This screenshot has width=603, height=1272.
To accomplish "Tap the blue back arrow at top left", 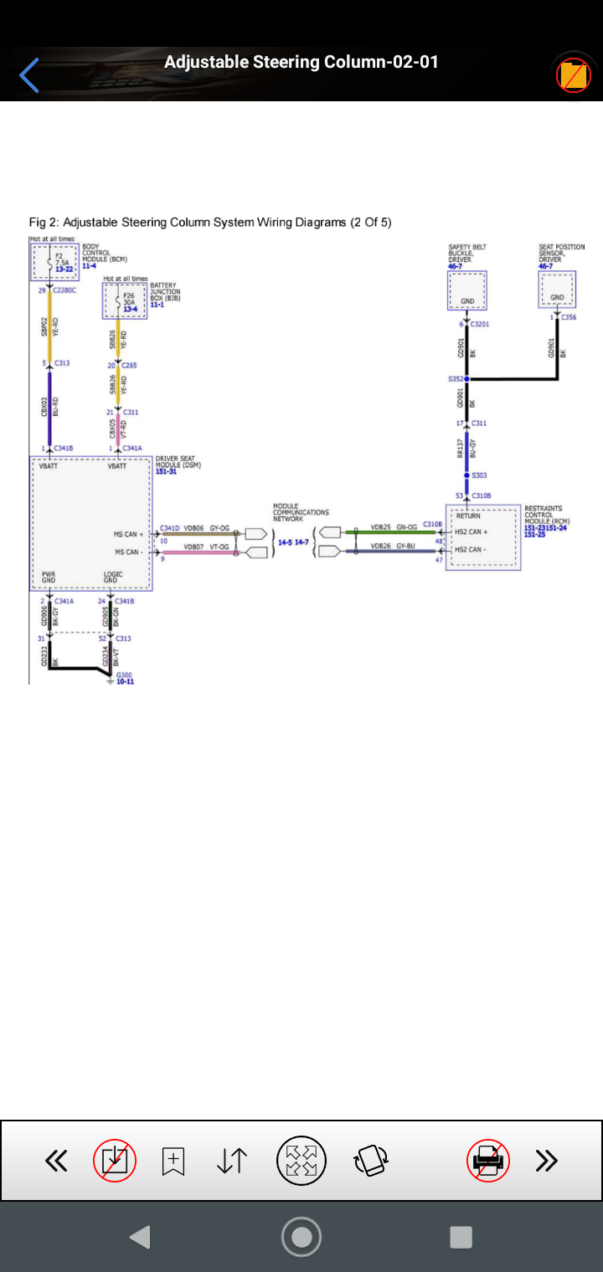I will pyautogui.click(x=29, y=75).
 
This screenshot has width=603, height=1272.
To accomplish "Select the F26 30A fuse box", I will pyautogui.click(x=125, y=300).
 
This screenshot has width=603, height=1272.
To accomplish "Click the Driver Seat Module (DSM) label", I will pyautogui.click(x=178, y=464).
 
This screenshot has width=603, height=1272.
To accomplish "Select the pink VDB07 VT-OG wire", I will pyautogui.click(x=201, y=552).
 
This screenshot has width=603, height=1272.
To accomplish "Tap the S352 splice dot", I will pyautogui.click(x=467, y=379).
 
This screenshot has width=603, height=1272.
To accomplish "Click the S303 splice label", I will pyautogui.click(x=479, y=474).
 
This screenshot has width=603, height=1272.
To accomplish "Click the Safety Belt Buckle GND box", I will pyautogui.click(x=467, y=290).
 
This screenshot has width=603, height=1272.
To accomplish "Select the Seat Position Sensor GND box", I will pyautogui.click(x=557, y=290).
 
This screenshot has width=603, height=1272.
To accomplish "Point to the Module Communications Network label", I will pyautogui.click(x=300, y=512).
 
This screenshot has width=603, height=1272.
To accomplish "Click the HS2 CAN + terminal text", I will pyautogui.click(x=471, y=532).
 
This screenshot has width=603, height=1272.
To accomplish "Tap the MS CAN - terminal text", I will pyautogui.click(x=128, y=552).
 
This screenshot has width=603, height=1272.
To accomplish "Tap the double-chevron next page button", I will pyautogui.click(x=546, y=1161).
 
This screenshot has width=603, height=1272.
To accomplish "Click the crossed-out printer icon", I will pyautogui.click(x=488, y=1161).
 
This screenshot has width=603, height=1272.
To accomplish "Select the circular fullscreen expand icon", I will pyautogui.click(x=301, y=1161).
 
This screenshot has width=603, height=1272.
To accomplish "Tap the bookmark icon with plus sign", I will pyautogui.click(x=173, y=1161).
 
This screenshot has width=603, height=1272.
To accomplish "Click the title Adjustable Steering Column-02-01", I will pyautogui.click(x=301, y=62).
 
